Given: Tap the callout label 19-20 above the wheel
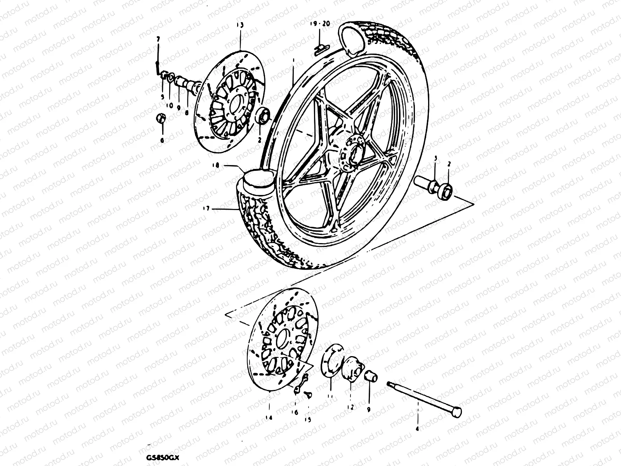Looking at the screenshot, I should click(320, 24).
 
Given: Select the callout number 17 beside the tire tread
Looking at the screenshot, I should click(205, 209).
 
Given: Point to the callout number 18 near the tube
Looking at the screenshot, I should click(216, 165).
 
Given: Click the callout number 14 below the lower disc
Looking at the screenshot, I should click(269, 418).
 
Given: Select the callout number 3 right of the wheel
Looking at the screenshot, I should click(435, 159).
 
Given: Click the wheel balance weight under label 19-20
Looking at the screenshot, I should click(321, 47).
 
